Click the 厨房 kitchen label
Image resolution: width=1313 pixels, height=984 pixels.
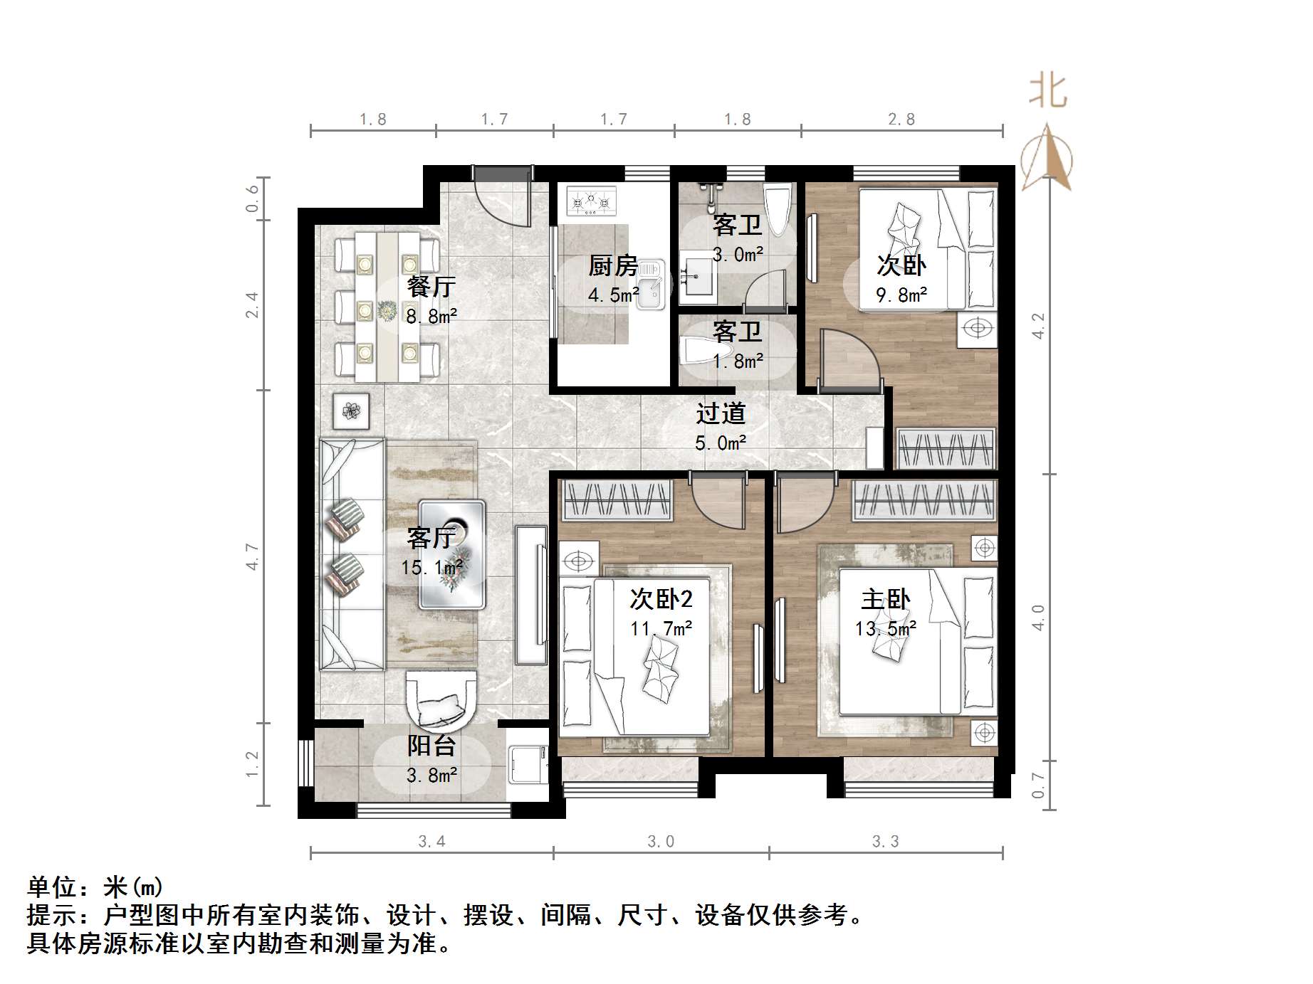(613, 265)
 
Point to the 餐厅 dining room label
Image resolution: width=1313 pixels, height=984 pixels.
(431, 287)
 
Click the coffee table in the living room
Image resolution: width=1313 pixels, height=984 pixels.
(452, 554)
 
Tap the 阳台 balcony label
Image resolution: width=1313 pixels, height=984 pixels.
(431, 746)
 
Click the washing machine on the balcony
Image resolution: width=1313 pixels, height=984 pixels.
(528, 763)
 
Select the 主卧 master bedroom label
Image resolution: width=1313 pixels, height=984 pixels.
(885, 599)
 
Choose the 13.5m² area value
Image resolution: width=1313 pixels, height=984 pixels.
(885, 629)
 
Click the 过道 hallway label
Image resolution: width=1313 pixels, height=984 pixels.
(721, 413)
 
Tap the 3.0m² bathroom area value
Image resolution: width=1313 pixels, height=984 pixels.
(738, 255)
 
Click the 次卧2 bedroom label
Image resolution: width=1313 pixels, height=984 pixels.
(661, 599)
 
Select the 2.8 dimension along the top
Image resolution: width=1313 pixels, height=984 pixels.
(901, 120)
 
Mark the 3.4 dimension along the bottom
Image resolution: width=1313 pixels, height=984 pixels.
(431, 842)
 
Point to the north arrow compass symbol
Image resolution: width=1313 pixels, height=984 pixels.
(1047, 158)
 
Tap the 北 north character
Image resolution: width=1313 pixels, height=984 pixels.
(1048, 92)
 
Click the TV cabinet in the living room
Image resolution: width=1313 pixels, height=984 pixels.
(531, 594)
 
